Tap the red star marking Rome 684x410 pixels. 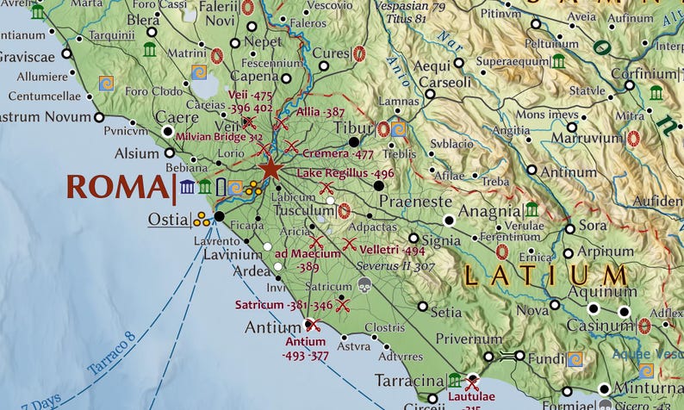(x=271, y=167)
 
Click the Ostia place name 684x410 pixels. (x=167, y=219)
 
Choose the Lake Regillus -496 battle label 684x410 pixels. (x=345, y=173)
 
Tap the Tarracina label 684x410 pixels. (x=408, y=380)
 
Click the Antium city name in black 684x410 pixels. (x=272, y=327)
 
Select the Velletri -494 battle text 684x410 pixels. (x=392, y=250)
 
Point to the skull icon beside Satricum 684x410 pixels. (x=364, y=285)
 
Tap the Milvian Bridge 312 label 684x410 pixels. (x=219, y=137)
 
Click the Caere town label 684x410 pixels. (x=176, y=118)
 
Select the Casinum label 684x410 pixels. (x=600, y=326)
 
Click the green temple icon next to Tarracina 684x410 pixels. (x=454, y=380)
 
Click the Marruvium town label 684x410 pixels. (x=587, y=138)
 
